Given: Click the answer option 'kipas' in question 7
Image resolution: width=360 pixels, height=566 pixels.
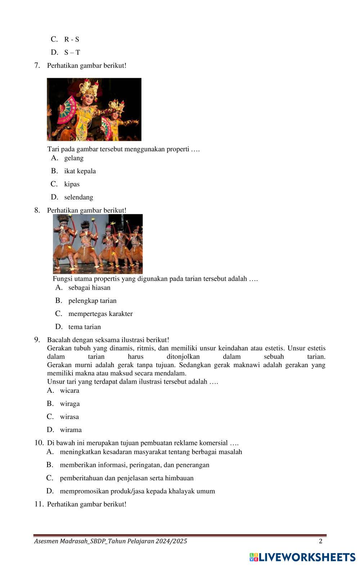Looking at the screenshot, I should point(72,184).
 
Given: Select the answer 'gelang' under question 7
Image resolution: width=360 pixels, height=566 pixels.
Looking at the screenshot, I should point(74,158).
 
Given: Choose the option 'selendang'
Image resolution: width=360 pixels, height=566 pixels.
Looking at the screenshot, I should point(78,197).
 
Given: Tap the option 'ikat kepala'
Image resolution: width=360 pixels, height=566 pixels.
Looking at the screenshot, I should point(80,171).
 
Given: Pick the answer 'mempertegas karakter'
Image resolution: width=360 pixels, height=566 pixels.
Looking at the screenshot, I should point(100,313).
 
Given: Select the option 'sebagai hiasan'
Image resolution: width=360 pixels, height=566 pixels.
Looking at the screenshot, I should point(89,288).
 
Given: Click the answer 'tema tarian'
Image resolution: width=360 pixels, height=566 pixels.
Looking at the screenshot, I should point(85,327).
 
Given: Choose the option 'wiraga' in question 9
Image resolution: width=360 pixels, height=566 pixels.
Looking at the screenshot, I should point(70,404).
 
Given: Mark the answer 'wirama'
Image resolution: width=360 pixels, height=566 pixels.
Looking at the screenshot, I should point(71,429).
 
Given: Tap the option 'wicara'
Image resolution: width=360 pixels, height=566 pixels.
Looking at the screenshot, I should point(69,391).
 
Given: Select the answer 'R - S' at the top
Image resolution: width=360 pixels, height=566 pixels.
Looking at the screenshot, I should point(72,39).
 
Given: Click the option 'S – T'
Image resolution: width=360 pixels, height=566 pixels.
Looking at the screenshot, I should point(72,52).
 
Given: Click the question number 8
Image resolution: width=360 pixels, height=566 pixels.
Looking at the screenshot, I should point(37,210).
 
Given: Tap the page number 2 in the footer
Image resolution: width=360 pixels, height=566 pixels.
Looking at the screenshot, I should point(320,541).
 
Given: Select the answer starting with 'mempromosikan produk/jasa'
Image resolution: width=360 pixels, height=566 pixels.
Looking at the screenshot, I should point(137,491).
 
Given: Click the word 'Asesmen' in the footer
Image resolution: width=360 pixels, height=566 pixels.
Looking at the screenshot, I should point(46,541).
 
